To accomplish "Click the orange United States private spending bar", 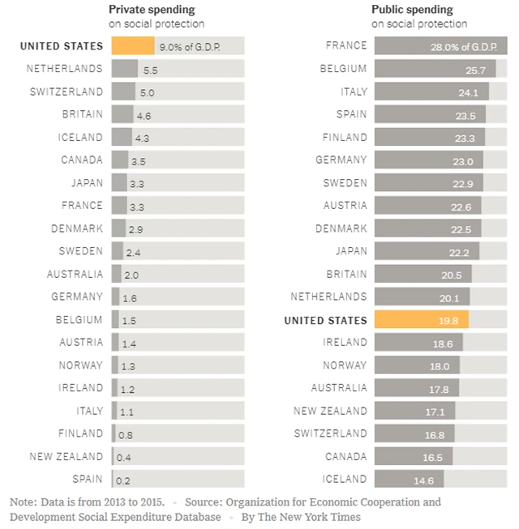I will [132, 46].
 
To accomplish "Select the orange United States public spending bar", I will [420, 320].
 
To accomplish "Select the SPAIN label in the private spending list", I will [88, 479].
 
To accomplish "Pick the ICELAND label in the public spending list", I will [345, 479].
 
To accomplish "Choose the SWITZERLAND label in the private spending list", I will [66, 92].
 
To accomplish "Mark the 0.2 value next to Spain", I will [124, 480].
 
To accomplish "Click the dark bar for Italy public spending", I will [430, 92].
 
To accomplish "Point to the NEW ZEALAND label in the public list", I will [330, 411].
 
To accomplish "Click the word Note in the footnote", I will [24, 502].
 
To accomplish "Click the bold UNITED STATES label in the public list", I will [325, 320].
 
